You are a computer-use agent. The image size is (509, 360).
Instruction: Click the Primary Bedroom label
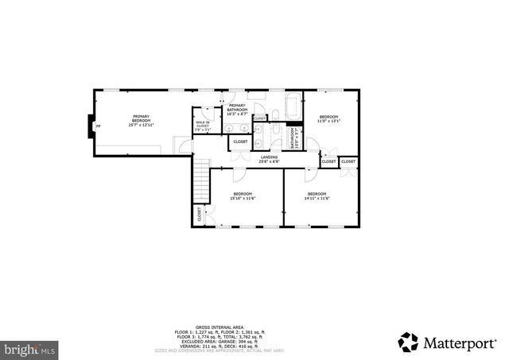tap(141, 121)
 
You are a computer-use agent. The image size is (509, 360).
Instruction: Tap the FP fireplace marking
tap(98, 126)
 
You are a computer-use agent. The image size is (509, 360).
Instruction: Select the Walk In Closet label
tap(202, 124)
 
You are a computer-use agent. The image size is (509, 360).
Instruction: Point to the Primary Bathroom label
tap(237, 109)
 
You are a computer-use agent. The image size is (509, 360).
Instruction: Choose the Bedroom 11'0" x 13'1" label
tap(328, 119)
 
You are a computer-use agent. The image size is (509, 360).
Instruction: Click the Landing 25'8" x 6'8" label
tap(269, 159)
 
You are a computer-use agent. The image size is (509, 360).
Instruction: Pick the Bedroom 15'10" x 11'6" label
tap(243, 196)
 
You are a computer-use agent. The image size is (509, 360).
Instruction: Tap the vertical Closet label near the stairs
tap(200, 215)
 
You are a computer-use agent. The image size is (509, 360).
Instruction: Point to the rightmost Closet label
tap(348, 161)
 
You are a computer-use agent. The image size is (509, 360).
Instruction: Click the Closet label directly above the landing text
tap(240, 141)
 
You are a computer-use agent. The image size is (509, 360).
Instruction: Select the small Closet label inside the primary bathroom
tap(260, 118)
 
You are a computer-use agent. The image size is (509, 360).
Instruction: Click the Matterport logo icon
tap(408, 342)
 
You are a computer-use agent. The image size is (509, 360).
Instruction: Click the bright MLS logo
tap(29, 348)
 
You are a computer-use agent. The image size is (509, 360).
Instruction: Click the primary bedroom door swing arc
tap(181, 145)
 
